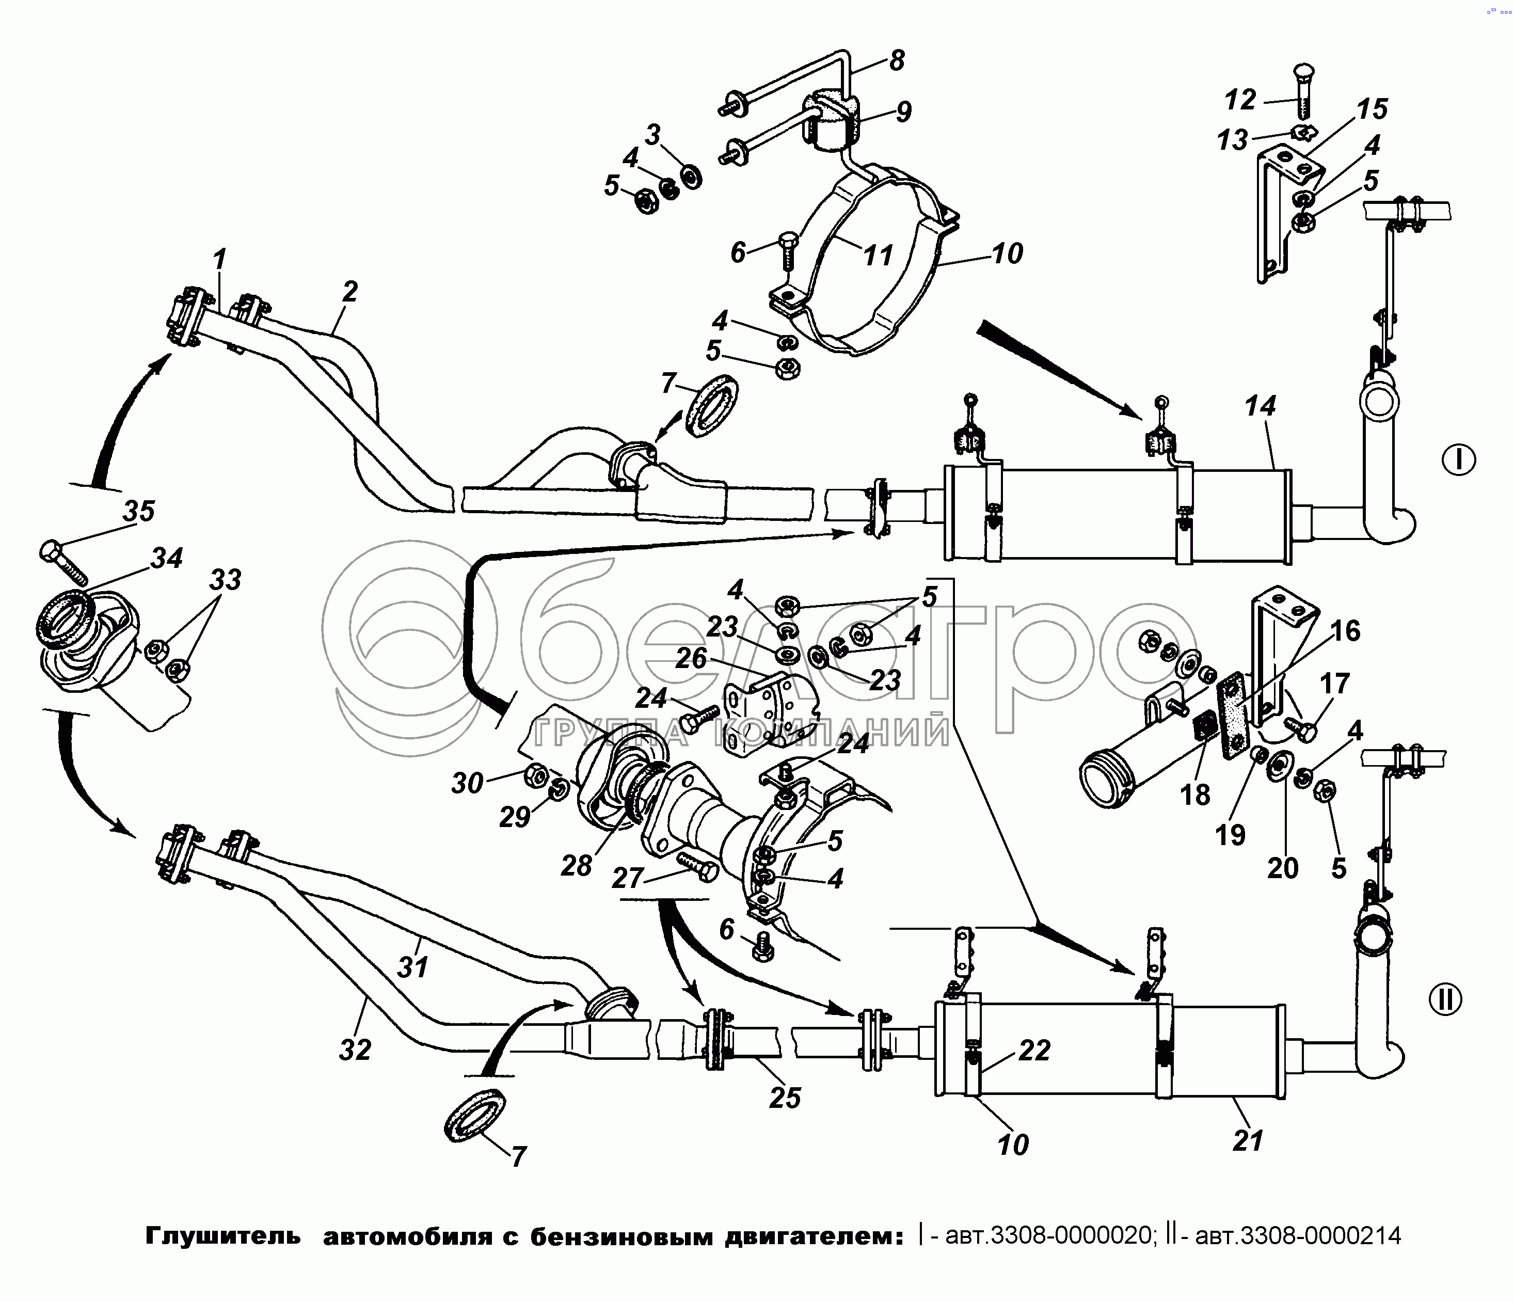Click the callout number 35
pos(139,511)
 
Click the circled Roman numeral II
pos(1445,999)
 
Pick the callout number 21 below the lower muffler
pos(1248,1140)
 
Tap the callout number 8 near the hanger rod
pos(897,60)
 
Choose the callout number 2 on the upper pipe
pos(350,292)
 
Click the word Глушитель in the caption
pos(223,1235)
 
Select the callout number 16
pos(1345,630)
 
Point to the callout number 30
pos(467,783)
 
